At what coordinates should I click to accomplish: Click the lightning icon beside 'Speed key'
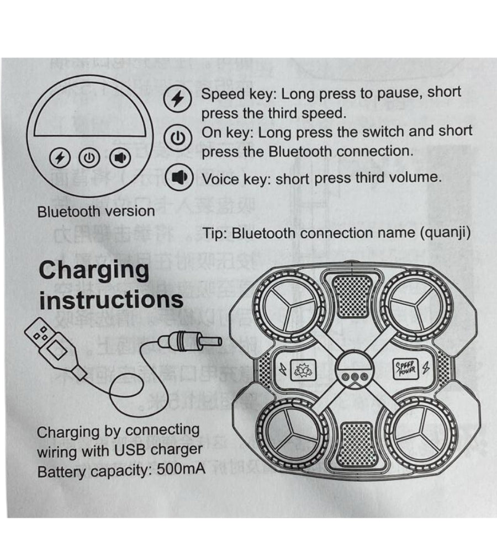coord(178,99)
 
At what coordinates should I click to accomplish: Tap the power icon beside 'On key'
coord(178,137)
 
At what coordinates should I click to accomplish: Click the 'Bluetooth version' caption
coord(96,211)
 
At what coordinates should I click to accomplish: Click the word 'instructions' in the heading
coord(111,300)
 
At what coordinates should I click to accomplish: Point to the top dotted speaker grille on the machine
coord(354,295)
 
